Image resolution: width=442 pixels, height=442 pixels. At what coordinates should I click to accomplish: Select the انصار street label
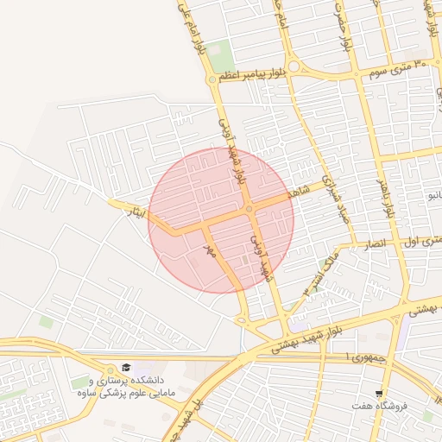pos(380,245)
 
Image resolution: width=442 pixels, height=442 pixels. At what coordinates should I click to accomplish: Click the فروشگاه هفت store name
pos(379,405)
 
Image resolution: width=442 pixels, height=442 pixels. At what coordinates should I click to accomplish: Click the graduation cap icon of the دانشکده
pos(127,369)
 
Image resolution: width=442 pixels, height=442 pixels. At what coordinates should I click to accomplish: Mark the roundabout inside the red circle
pos(249,209)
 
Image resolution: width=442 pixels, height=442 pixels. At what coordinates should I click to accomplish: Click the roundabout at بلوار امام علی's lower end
pos(212,79)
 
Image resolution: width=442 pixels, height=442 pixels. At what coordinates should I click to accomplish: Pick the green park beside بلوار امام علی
pos(221,52)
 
